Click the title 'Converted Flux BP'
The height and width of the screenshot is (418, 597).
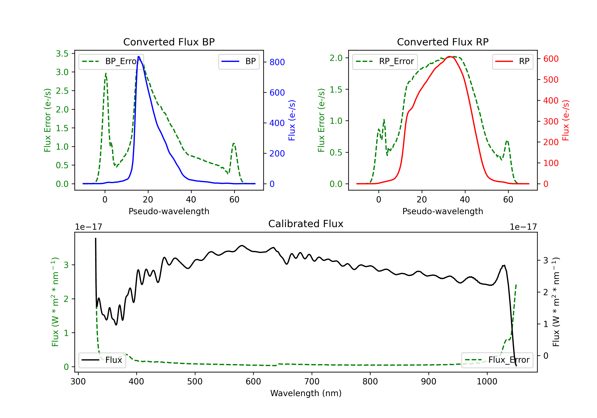169,42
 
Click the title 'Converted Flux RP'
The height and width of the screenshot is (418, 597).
443,42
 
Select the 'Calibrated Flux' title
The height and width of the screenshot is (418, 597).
306,224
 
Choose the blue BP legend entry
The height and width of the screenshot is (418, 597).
239,61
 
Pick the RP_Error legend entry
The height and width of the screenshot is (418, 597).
385,61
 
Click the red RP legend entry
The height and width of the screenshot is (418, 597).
512,61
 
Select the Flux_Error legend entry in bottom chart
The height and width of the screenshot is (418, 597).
497,360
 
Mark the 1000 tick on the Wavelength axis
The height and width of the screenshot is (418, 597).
487,382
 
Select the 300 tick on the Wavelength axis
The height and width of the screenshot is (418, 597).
78,382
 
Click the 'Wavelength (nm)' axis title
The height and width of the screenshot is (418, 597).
306,393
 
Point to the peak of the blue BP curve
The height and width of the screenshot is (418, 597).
139,57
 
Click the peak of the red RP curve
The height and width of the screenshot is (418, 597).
450,57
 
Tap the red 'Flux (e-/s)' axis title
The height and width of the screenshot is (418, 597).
566,120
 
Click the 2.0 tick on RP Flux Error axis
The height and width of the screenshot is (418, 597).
336,58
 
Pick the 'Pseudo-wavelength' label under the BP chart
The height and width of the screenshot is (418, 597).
169,211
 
